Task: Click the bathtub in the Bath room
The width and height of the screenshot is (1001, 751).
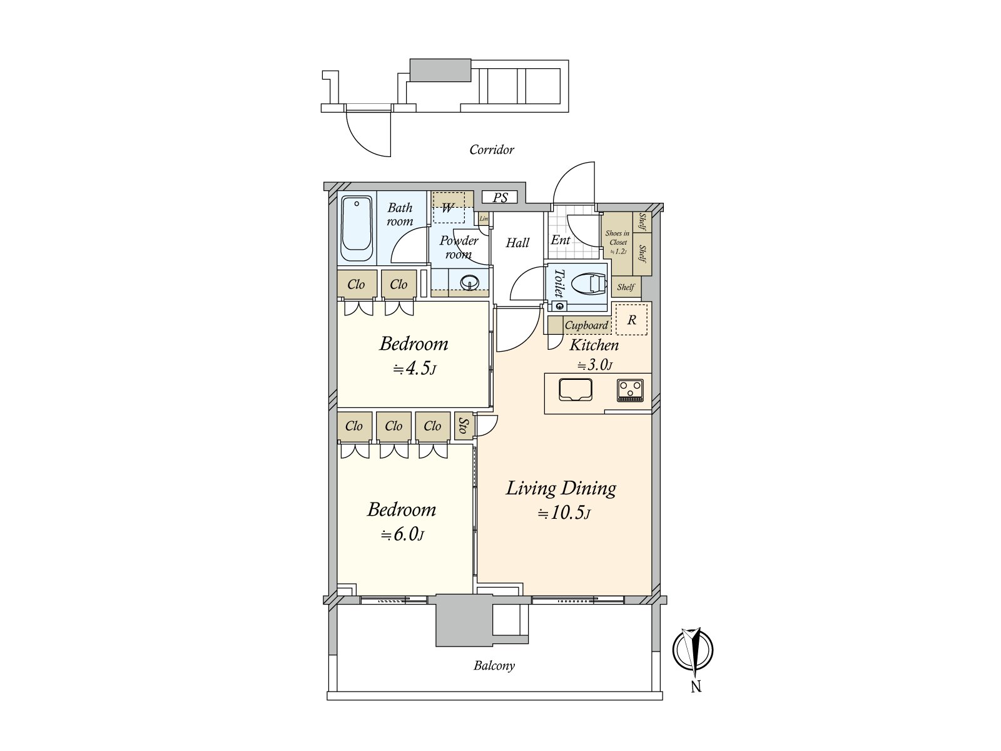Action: tap(356, 228)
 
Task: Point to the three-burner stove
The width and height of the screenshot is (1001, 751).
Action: tap(630, 391)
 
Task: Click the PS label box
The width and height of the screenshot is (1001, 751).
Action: tap(500, 197)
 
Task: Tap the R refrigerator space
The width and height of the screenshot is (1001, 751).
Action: tap(631, 320)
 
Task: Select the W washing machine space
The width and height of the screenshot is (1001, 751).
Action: tap(449, 208)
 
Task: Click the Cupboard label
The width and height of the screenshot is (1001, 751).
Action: tap(586, 325)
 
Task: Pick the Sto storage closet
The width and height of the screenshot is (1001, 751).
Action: tap(464, 426)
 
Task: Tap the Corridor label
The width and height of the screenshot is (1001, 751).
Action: tap(492, 150)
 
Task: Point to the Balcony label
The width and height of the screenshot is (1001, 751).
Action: tap(494, 666)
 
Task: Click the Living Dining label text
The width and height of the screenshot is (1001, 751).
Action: tap(561, 488)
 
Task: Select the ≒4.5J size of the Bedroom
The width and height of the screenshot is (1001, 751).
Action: tap(415, 368)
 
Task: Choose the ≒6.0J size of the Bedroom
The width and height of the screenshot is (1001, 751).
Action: tap(403, 534)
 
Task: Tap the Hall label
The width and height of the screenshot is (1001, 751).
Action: tap(517, 243)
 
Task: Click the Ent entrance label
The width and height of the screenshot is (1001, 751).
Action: tap(561, 240)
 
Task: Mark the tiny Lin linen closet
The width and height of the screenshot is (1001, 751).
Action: tap(484, 218)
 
